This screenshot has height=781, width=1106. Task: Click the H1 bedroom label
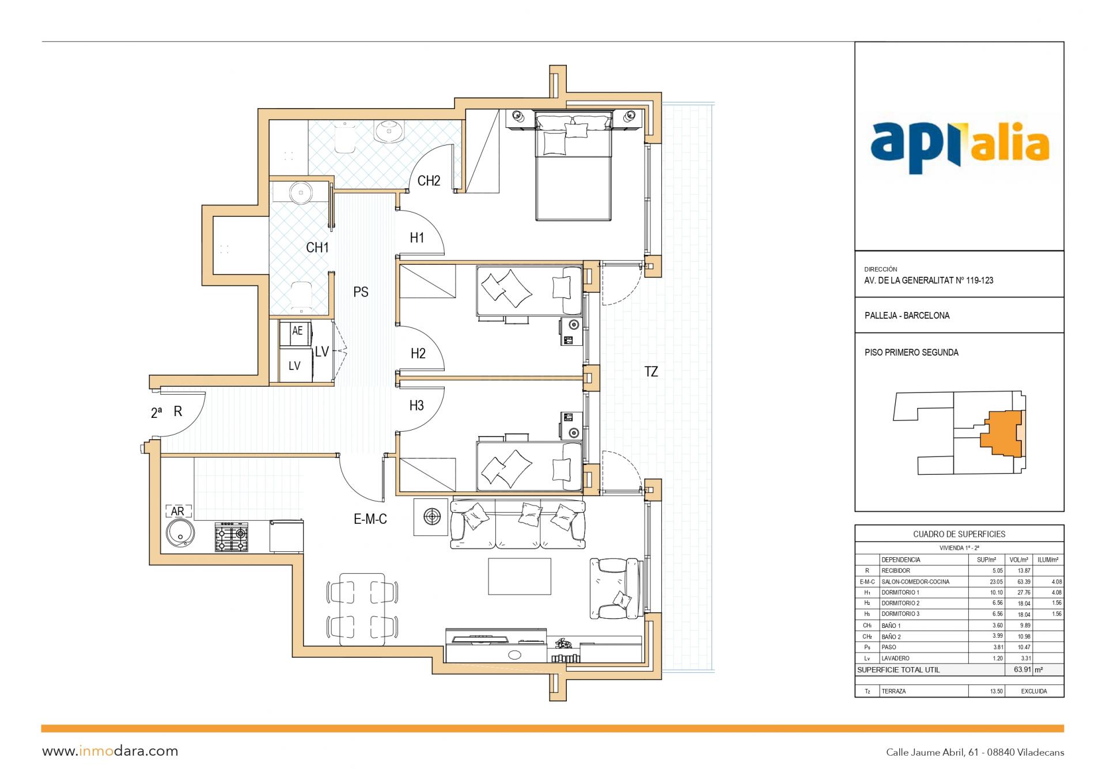click(417, 238)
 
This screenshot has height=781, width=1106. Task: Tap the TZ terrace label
click(651, 372)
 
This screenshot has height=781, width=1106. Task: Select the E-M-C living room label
click(370, 519)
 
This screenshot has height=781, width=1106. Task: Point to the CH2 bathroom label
click(429, 181)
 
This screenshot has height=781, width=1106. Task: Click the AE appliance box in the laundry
click(297, 332)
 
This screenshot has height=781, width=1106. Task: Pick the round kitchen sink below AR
click(180, 533)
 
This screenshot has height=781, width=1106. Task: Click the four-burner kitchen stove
click(232, 538)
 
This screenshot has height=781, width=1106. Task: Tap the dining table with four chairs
click(362, 609)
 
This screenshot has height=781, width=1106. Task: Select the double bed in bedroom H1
click(573, 166)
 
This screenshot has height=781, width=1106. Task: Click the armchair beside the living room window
click(615, 588)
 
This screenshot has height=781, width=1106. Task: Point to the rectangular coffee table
click(520, 576)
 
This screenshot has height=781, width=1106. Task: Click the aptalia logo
click(959, 147)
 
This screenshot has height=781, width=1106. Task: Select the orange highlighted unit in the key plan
click(1002, 433)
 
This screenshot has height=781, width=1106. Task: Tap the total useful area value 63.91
click(1022, 670)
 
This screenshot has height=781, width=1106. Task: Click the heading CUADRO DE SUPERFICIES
click(959, 534)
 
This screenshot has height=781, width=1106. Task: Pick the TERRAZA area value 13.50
click(996, 691)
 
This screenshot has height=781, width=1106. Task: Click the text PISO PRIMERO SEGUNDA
click(911, 352)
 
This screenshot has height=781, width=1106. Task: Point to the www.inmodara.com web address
click(110, 751)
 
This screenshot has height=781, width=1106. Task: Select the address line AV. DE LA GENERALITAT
click(929, 281)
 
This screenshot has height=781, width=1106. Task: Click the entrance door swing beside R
click(183, 414)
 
